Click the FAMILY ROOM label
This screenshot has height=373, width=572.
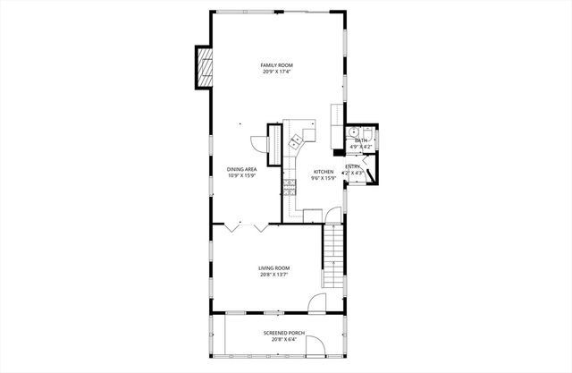[276, 65]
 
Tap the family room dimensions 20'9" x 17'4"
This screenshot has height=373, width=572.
[276, 72]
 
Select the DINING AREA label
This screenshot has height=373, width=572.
[241, 169]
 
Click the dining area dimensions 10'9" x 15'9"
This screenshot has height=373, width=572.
[241, 175]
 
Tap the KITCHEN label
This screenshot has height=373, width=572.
[323, 172]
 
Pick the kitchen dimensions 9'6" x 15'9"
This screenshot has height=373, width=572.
[323, 178]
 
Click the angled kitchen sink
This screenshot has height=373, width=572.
[295, 140]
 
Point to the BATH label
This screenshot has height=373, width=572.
[360, 140]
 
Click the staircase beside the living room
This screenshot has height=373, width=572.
[332, 255]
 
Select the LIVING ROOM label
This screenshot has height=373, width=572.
[273, 267]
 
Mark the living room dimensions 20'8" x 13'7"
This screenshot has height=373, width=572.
[273, 275]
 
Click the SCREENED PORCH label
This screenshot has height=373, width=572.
[283, 333]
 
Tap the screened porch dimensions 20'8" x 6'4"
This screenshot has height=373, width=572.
[283, 340]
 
